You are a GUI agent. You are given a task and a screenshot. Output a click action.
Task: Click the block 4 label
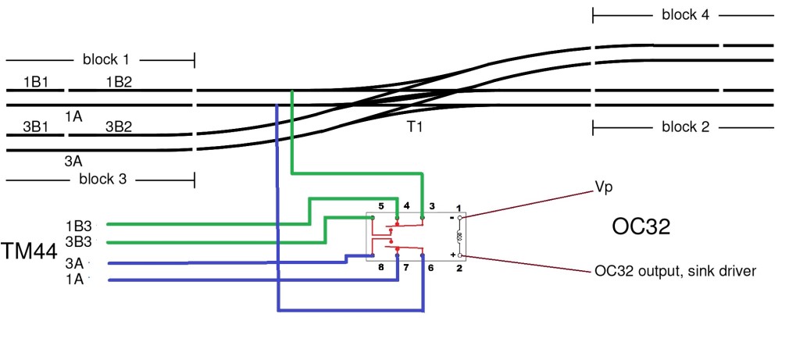[x=685, y=15]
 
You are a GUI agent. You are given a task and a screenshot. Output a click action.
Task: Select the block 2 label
[x=685, y=127]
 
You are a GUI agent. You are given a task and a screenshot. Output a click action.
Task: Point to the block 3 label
[x=102, y=179]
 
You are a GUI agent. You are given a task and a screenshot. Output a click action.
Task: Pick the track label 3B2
[x=118, y=126]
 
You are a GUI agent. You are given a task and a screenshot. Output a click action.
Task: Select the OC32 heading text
[x=642, y=227]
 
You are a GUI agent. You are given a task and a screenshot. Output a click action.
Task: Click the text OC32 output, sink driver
[x=675, y=271]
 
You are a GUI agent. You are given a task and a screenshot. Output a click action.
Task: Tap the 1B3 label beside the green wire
[x=79, y=225]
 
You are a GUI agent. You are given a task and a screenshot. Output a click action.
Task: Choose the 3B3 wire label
[x=79, y=241]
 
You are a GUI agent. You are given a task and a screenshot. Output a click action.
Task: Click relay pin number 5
[x=380, y=206]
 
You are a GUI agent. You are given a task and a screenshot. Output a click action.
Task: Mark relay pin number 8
[x=380, y=267]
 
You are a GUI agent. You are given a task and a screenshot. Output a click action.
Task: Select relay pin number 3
[x=431, y=206]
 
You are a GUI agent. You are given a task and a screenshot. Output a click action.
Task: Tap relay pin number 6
[x=431, y=267]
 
